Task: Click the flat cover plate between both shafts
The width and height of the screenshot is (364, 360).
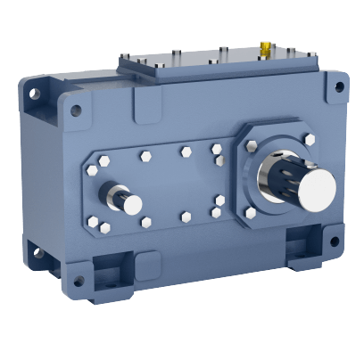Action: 178,183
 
